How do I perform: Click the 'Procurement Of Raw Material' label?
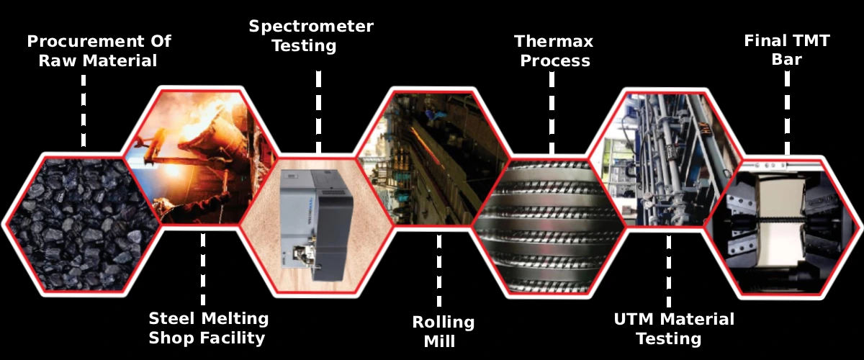[x=99, y=51]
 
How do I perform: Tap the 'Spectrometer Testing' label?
[x=311, y=36]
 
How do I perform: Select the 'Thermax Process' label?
[x=554, y=51]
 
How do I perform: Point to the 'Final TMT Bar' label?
[x=787, y=50]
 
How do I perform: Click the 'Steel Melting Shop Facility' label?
[x=209, y=328]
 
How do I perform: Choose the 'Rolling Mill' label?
[x=443, y=331]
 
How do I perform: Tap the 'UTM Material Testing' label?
[x=674, y=329]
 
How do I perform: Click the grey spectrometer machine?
[x=316, y=225]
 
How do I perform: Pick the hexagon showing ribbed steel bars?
[x=549, y=227]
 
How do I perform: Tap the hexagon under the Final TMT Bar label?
[x=784, y=228]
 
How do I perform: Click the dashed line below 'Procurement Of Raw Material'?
[x=84, y=111]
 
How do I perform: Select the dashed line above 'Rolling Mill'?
[x=439, y=271]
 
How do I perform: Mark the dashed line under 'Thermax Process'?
[x=552, y=113]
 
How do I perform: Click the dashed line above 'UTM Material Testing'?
[x=668, y=271]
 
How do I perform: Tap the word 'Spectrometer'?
[x=311, y=27]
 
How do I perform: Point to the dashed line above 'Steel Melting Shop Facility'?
[x=203, y=269]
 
